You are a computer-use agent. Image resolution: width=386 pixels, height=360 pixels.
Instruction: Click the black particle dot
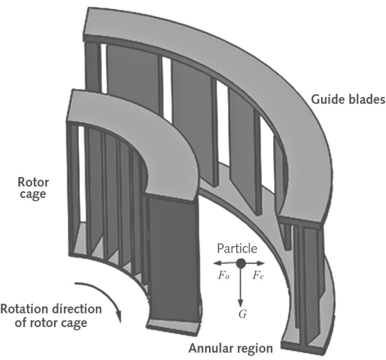tap(240, 263)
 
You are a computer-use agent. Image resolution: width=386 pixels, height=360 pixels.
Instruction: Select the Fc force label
tap(258, 278)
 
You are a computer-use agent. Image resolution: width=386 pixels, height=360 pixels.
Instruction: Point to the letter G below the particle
tap(243, 314)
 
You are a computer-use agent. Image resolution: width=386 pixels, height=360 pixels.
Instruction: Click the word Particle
tap(237, 249)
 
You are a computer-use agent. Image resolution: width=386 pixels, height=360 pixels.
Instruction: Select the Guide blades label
tap(348, 100)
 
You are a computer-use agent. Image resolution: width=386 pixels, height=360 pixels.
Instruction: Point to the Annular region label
tap(231, 348)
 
